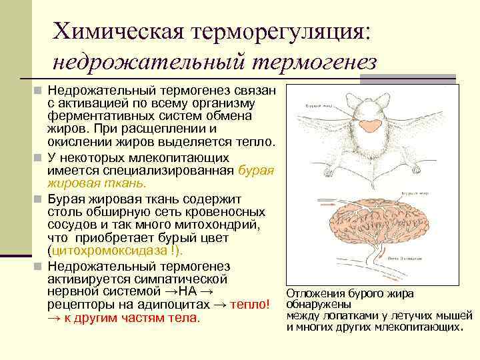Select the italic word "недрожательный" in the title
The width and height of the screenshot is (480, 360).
[x=149, y=61]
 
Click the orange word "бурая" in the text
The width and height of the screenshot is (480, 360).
[x=255, y=171]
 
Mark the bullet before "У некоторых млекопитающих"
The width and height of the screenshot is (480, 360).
[x=39, y=159]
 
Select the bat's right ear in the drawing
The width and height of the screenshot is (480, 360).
[x=383, y=101]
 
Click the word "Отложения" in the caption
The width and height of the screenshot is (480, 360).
[x=313, y=293]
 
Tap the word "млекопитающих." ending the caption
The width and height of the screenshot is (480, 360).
[x=424, y=327]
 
